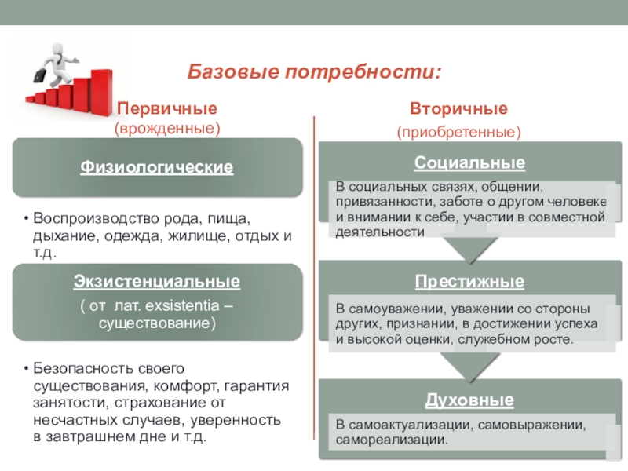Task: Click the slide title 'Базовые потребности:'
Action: [x=313, y=72]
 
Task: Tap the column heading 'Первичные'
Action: [x=166, y=108]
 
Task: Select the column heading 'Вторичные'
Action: [x=458, y=108]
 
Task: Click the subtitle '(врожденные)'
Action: [x=166, y=126]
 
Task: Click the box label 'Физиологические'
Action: [x=157, y=167]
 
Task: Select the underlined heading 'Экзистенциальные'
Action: [x=157, y=281]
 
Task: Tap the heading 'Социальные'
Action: [x=469, y=163]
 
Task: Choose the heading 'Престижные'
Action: [x=469, y=281]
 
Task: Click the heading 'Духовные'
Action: [x=469, y=400]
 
